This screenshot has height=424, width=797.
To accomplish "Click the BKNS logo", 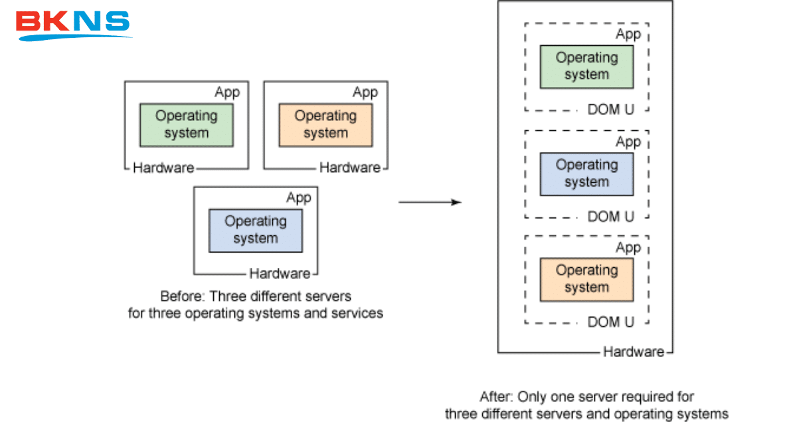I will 73,24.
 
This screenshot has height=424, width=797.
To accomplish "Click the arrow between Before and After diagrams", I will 430,201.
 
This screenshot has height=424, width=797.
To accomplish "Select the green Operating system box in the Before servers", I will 186,124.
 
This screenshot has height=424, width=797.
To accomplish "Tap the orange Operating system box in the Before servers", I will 325,124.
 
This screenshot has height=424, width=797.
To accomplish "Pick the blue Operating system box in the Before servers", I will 256,230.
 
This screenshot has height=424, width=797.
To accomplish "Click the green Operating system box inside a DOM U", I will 586,66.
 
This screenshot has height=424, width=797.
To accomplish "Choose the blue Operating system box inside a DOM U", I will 586,173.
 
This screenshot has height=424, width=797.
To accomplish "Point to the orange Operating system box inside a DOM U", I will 586,279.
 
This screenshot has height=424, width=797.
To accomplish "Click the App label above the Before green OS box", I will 227,92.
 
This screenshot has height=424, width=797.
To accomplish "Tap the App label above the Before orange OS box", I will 365,92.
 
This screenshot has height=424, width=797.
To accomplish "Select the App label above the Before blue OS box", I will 298,198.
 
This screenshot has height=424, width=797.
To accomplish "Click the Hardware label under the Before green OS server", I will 163,168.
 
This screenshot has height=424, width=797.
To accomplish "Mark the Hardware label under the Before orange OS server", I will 350,168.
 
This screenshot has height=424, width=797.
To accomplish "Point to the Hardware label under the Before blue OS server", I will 280,274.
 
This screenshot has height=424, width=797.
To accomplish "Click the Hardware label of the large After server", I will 634,352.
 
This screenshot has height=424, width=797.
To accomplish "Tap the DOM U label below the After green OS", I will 611,110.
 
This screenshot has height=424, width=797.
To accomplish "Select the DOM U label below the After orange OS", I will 611,322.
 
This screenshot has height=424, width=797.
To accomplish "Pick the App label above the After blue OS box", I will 628,142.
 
